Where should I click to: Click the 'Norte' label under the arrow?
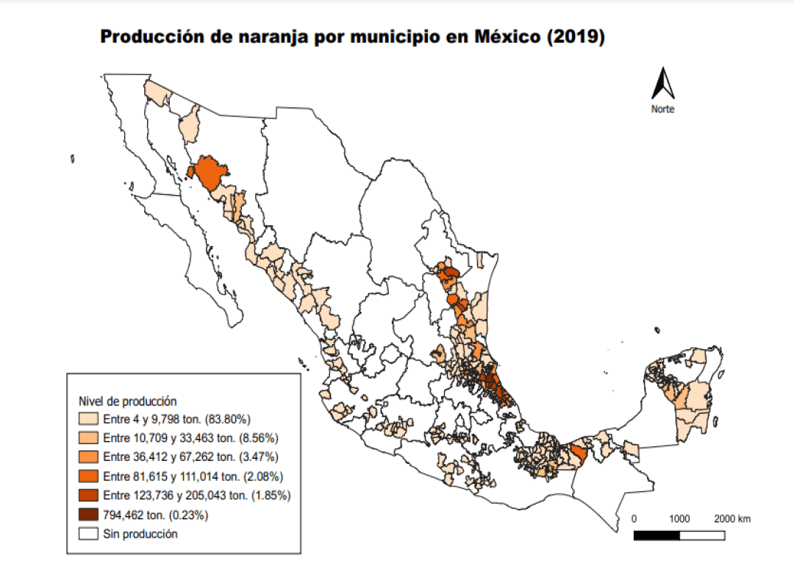point(662,109)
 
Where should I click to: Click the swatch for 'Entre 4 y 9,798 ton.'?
point(90,419)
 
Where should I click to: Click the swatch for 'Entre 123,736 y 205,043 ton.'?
point(90,496)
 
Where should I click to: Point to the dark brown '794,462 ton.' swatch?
point(90,515)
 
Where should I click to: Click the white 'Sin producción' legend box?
point(90,534)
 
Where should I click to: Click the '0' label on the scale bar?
point(634,519)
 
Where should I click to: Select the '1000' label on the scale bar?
point(680,519)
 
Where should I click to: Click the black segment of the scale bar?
point(657,535)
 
